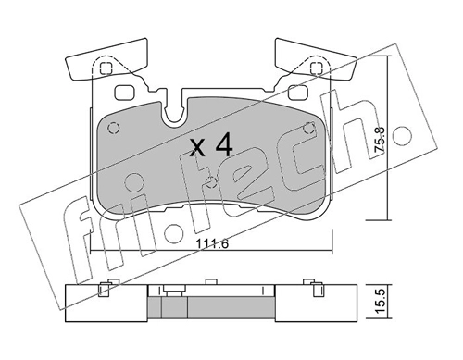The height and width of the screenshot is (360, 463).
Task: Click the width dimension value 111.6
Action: (212, 244)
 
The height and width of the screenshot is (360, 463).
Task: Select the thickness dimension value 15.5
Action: (382, 301)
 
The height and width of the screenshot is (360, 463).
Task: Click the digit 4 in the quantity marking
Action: (224, 144)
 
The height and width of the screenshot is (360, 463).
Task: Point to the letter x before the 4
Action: (197, 147)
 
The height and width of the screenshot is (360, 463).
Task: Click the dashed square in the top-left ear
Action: (106, 68)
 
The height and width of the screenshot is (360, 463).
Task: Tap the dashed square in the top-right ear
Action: (317, 68)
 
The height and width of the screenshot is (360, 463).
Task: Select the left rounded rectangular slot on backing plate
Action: (124, 93)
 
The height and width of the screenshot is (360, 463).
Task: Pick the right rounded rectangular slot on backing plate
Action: (298, 93)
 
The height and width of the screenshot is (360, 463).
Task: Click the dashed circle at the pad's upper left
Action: (113, 128)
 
